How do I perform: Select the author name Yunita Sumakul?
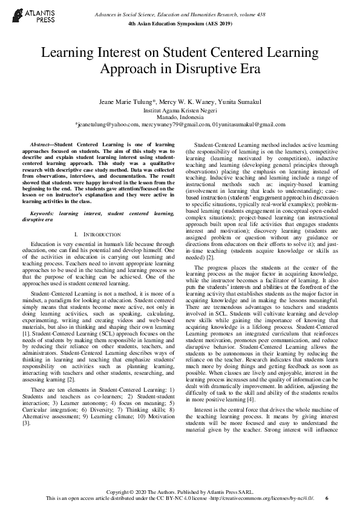[238, 103]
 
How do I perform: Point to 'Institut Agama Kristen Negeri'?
[180, 111]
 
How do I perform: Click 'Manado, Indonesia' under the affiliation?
[180, 117]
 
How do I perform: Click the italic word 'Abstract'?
[41, 146]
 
